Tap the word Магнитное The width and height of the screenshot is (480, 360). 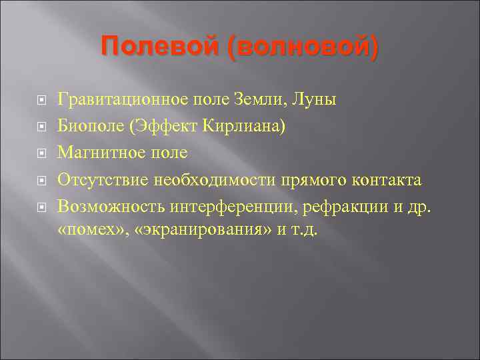(95, 153)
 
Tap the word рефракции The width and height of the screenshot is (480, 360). (343, 206)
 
